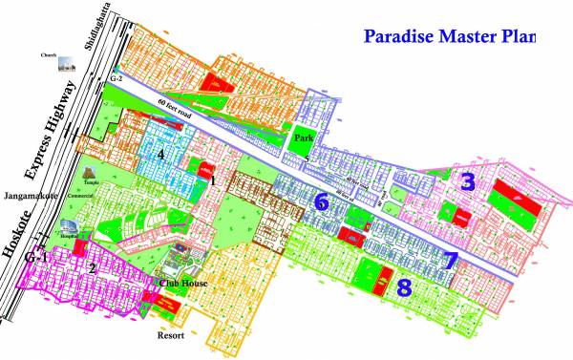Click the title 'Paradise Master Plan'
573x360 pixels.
click(x=447, y=37)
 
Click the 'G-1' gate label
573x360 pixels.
click(x=37, y=258)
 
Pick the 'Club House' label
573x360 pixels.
click(x=183, y=284)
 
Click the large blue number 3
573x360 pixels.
click(x=467, y=182)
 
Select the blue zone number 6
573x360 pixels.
click(x=322, y=201)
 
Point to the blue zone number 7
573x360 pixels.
click(x=450, y=260)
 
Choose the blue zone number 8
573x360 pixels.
click(x=405, y=286)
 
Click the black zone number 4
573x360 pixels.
click(x=161, y=154)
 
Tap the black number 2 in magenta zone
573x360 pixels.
click(x=92, y=269)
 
